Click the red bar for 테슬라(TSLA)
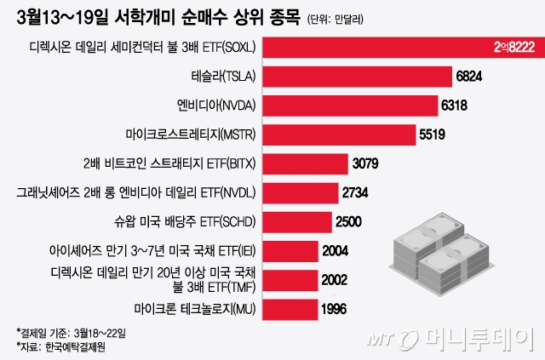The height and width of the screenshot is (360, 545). (359, 76)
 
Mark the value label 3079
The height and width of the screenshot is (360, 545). (364, 163)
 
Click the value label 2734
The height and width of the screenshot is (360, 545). (354, 191)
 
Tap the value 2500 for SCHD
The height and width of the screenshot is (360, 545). (347, 221)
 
